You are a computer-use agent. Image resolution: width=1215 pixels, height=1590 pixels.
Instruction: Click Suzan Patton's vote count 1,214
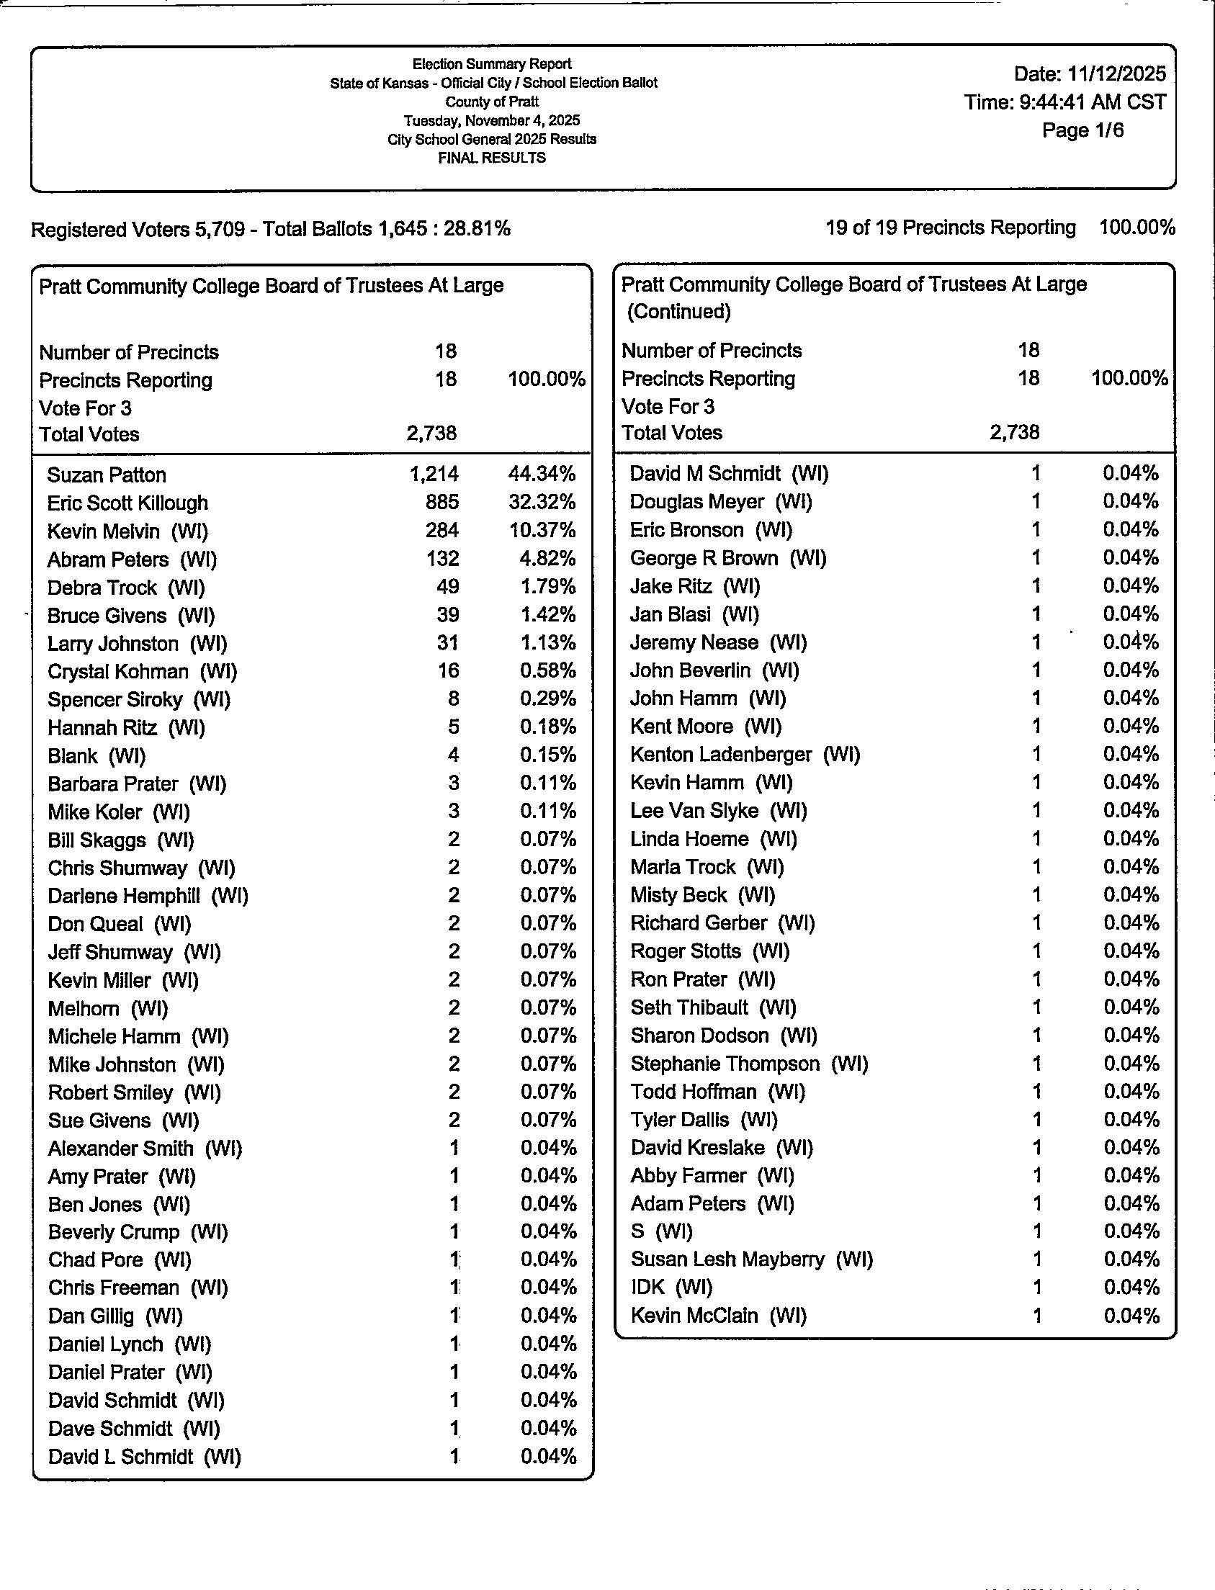[x=434, y=475]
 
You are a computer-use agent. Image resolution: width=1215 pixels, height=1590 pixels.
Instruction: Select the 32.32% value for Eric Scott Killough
[x=542, y=503]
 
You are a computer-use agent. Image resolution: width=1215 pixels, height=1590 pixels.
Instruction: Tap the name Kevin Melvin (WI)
[x=127, y=531]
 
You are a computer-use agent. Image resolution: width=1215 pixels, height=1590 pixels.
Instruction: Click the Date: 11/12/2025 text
[x=1089, y=73]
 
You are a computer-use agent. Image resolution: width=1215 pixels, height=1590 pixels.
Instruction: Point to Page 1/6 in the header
[x=1082, y=130]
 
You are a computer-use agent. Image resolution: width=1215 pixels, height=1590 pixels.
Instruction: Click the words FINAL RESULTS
[x=492, y=158]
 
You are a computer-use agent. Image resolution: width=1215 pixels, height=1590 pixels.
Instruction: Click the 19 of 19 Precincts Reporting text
[x=950, y=228]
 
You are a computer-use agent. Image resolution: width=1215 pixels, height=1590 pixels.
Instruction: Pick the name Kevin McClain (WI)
[x=718, y=1315]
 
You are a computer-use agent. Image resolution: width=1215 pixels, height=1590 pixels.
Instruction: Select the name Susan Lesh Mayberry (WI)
[x=751, y=1259]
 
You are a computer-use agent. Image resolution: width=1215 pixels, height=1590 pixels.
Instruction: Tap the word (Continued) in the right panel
[x=678, y=312]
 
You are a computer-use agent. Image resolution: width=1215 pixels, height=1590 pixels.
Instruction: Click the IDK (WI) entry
[x=671, y=1287]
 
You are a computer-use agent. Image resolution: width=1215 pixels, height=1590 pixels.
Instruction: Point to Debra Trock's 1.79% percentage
[x=547, y=587]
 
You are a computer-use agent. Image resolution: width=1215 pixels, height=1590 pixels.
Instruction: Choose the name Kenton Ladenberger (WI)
[x=745, y=755]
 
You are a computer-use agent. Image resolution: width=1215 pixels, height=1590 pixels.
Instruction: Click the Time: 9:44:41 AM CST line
[x=1064, y=102]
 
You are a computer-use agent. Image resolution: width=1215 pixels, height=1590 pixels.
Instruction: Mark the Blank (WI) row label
[x=97, y=756]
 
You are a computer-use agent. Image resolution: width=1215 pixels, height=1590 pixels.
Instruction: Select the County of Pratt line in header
[x=492, y=102]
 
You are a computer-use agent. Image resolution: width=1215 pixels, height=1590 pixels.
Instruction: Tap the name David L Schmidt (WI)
[x=144, y=1456]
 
